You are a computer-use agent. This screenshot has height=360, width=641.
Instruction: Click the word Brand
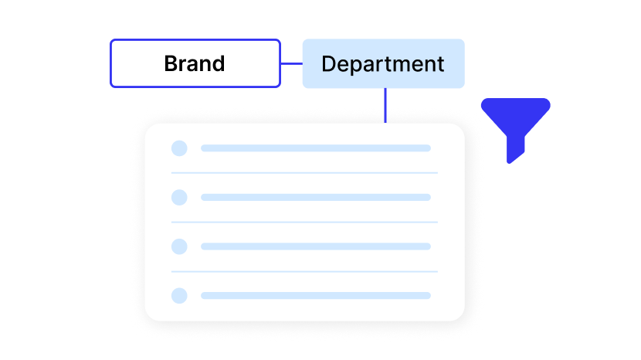195,63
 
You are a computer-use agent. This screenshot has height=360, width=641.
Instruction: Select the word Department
383,64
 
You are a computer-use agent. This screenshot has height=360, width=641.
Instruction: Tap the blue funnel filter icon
515,130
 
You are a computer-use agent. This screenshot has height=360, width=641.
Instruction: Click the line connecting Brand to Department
292,63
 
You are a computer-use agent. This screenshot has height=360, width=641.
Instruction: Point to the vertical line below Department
385,106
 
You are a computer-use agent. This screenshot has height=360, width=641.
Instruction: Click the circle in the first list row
179,148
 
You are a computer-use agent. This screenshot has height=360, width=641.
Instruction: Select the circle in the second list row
179,197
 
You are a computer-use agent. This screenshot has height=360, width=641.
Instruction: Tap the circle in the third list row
179,246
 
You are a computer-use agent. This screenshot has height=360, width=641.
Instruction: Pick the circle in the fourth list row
179,295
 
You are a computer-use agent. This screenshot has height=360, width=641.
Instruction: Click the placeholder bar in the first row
316,148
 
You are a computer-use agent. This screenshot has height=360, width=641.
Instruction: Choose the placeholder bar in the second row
316,197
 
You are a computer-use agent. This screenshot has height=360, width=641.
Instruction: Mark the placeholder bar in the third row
316,246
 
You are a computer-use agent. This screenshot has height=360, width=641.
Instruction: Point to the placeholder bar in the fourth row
316,295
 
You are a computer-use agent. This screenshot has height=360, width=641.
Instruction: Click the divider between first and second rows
304,173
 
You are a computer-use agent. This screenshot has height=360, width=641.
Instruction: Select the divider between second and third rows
304,222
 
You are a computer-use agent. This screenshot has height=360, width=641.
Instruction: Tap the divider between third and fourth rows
304,271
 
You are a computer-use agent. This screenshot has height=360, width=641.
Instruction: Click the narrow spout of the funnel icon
515,149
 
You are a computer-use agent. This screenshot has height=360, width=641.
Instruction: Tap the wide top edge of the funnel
515,100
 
